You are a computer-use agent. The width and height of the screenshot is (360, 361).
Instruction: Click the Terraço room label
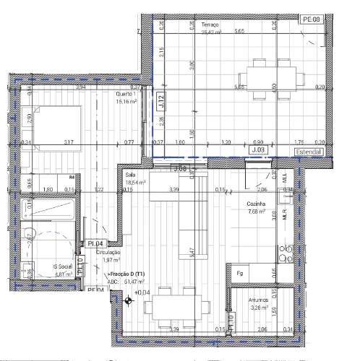pos(210,25)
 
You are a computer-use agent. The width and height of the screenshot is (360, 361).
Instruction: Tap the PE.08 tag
pos(312,19)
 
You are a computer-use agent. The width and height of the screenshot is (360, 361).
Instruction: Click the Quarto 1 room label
pos(129,95)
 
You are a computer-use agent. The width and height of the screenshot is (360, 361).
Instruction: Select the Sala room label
pos(131,175)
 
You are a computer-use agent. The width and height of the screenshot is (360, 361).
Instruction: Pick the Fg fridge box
pos(239,273)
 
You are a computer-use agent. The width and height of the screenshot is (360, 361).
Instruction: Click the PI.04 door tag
pos(97,243)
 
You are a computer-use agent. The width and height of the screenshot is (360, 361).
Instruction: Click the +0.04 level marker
pos(142,292)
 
